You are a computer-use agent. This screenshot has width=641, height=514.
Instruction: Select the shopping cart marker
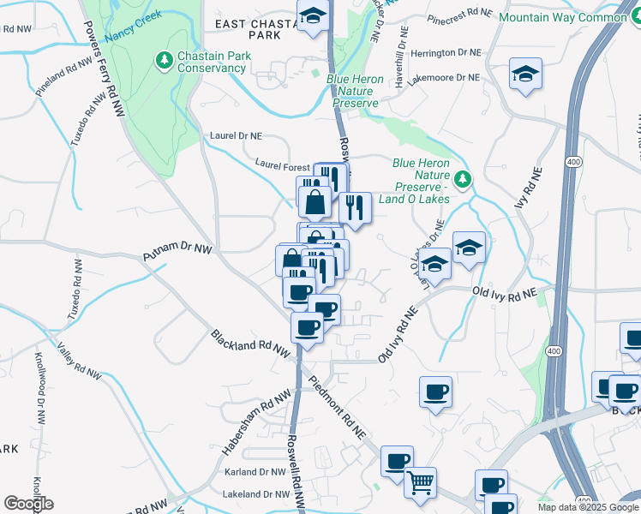point(420,482)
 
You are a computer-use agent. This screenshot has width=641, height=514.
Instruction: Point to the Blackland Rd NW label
point(251,348)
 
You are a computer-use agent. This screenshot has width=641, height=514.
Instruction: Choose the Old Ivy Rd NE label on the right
point(504,293)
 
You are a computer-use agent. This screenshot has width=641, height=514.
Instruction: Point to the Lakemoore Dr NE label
point(444,77)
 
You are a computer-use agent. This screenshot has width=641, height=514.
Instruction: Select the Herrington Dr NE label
point(446,53)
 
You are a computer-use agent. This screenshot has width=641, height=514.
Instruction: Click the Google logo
point(28,504)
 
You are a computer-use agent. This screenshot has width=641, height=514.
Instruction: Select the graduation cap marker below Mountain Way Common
point(525,74)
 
